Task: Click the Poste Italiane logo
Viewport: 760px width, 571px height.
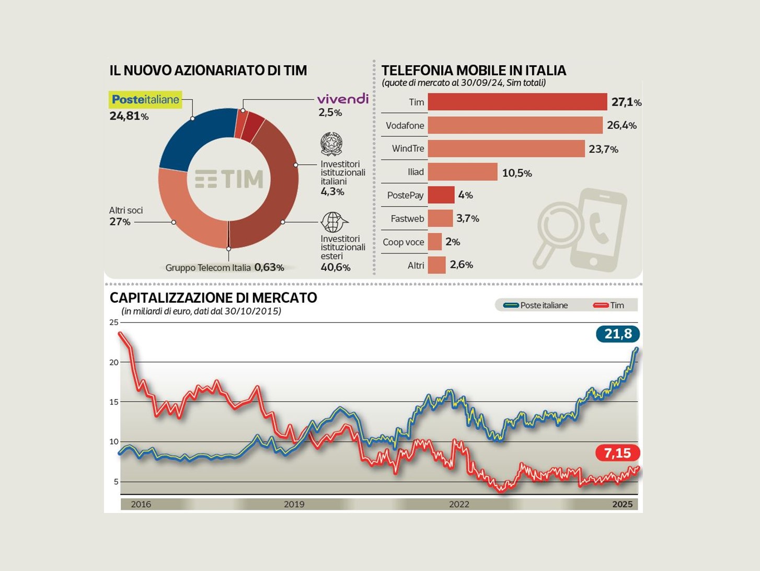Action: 145,99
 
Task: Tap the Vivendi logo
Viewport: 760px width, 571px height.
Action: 342,99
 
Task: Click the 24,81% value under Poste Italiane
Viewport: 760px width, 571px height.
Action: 129,116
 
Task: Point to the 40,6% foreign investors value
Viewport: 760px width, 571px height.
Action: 335,267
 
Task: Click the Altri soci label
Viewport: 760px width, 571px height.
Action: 125,210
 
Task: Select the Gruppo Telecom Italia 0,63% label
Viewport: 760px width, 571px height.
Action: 224,268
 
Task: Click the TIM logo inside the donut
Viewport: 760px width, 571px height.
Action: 228,179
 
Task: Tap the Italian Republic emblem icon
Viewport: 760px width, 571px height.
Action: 331,144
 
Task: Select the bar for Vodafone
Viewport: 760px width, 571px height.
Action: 515,125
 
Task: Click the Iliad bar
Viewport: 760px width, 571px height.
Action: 463,172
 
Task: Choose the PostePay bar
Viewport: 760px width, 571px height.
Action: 441,195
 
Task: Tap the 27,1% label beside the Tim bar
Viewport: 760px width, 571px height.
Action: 626,102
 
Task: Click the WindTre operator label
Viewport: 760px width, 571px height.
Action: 408,149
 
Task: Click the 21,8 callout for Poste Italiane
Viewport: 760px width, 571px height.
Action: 618,334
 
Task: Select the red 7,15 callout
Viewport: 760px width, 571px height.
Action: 617,453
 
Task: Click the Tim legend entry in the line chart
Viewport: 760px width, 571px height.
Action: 609,305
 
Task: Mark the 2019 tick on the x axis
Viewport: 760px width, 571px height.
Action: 294,504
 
